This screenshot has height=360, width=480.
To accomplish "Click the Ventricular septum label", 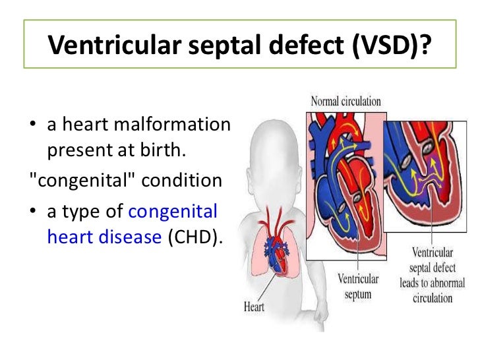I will point(357,285).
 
